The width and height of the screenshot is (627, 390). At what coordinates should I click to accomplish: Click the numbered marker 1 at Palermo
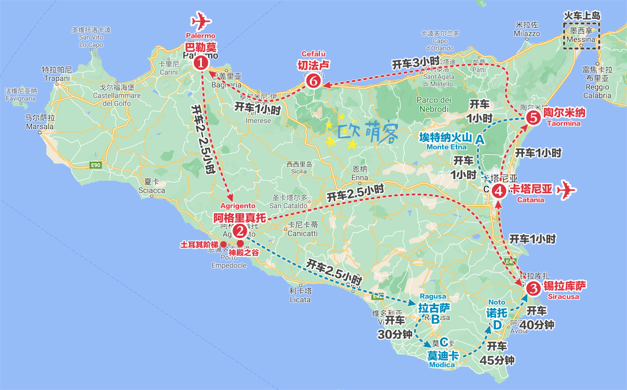click(201, 61)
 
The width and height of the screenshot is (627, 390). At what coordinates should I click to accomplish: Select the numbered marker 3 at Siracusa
click(533, 288)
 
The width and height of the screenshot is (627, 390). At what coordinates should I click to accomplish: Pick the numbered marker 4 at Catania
click(499, 190)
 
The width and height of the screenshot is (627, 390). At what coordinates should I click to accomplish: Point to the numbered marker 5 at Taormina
click(533, 118)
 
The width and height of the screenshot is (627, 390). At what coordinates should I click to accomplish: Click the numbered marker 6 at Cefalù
click(314, 82)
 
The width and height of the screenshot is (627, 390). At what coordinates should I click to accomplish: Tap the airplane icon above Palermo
click(201, 21)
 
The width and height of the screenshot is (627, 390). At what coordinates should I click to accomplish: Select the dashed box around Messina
click(582, 35)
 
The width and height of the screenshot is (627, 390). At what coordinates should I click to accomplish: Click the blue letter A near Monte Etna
click(480, 139)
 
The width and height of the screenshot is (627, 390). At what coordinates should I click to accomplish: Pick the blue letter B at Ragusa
click(435, 318)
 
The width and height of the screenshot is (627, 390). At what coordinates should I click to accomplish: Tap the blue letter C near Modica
click(444, 341)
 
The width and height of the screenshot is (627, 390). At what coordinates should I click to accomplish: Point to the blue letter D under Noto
click(498, 324)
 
